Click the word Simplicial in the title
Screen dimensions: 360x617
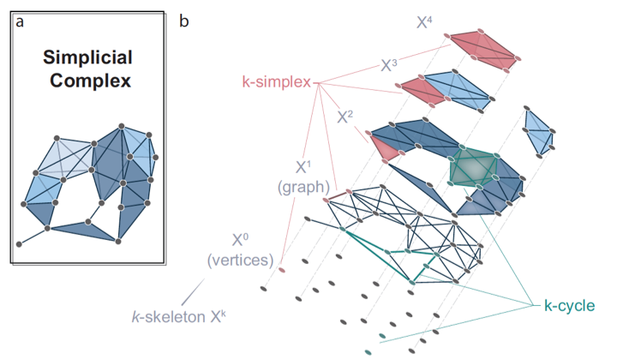click(88, 59)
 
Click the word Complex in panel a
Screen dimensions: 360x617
click(88, 83)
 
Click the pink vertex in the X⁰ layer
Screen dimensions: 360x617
click(282, 271)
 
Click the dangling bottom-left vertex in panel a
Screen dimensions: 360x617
click(20, 243)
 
